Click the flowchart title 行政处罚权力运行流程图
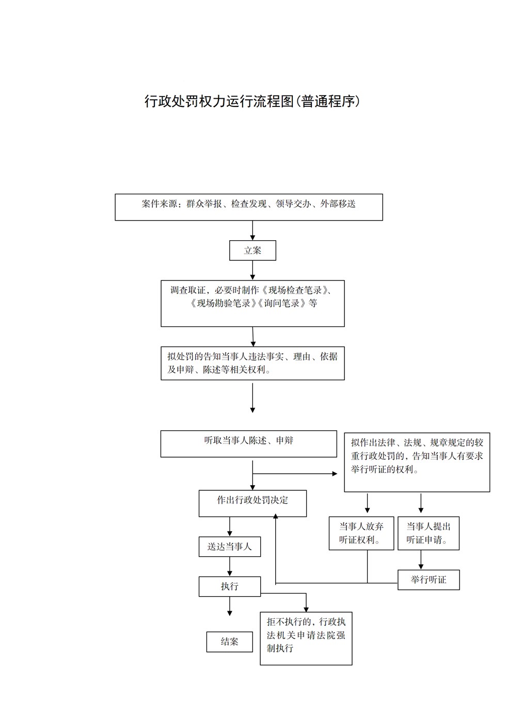coord(219,101)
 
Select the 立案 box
coord(252,250)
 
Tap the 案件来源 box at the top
coord(248,207)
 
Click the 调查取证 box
coord(252,303)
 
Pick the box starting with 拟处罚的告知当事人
coord(252,363)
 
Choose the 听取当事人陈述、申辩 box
coord(248,444)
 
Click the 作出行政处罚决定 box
coord(252,504)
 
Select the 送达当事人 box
coord(229,547)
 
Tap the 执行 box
coord(229,586)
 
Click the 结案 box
coord(229,642)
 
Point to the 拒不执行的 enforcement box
coord(306,639)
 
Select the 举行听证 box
coord(429,580)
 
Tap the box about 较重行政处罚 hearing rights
coord(417,462)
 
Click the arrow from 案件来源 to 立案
coord(252,230)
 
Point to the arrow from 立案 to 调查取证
coord(252,270)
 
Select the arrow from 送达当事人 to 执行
coord(229,566)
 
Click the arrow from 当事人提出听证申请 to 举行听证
coord(421,559)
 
